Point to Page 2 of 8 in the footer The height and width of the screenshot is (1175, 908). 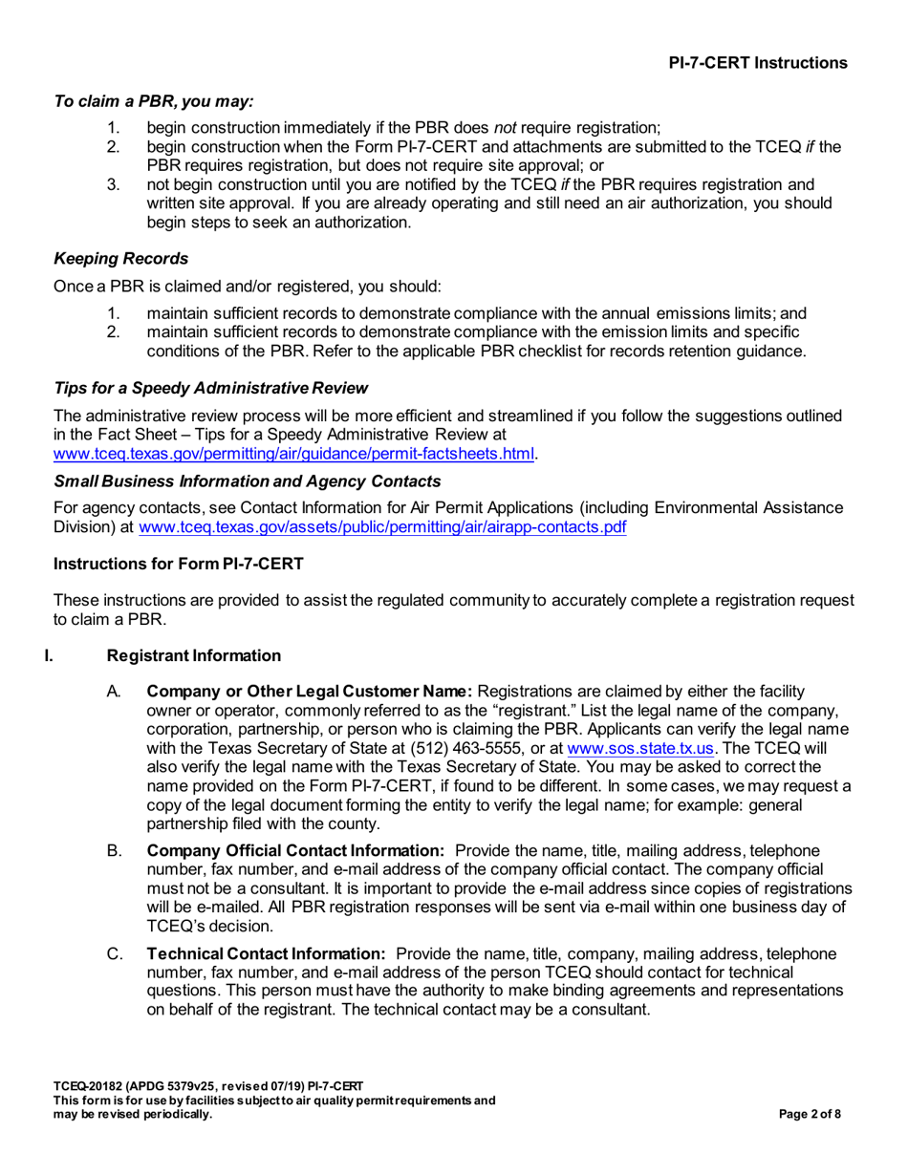tap(811, 1114)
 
